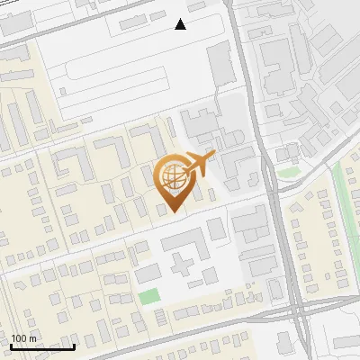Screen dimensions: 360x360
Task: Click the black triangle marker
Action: pos(181,24)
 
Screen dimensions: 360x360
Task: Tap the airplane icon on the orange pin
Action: pos(200,162)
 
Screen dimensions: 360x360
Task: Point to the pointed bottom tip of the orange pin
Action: pos(173,211)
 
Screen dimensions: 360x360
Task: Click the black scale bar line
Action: pos(42,346)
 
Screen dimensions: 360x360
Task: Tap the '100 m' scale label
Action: pos(23,338)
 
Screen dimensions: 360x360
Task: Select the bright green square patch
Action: pos(148,296)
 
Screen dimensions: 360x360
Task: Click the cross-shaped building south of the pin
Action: pos(184,261)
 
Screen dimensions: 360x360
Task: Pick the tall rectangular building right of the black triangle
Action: pos(220,63)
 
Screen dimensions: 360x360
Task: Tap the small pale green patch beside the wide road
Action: pos(288,171)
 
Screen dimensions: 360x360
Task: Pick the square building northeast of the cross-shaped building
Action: pos(217,229)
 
